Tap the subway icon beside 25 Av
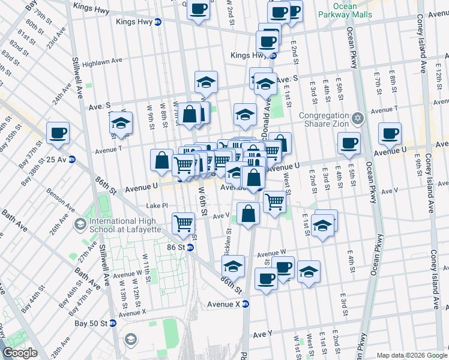click(x=71, y=160)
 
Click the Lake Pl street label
click(x=157, y=205)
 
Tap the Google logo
click(x=20, y=353)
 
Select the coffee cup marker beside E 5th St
click(x=349, y=142)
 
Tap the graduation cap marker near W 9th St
click(x=121, y=124)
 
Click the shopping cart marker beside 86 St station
click(x=183, y=224)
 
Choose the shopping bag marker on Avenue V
click(x=248, y=214)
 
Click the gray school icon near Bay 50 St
click(x=130, y=340)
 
